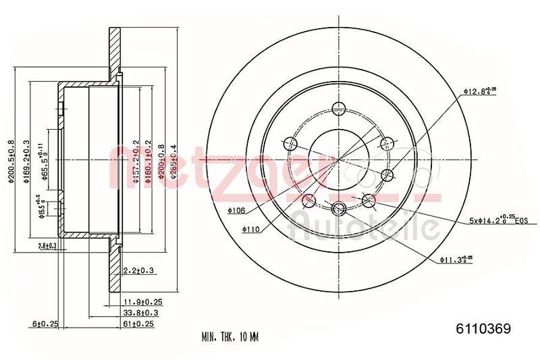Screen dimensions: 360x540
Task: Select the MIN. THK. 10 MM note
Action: click(x=230, y=336)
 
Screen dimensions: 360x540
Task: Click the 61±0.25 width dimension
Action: click(x=138, y=324)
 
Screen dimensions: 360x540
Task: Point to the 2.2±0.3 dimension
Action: click(x=139, y=271)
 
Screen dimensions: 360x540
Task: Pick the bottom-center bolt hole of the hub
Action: click(x=339, y=208)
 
